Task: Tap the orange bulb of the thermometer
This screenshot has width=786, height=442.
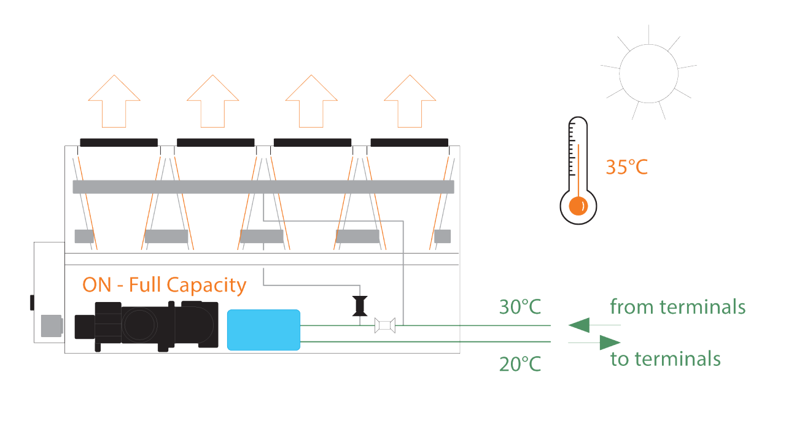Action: pos(578,206)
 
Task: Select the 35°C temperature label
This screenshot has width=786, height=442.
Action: pos(626,167)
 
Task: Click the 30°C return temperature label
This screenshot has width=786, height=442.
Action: pos(520,307)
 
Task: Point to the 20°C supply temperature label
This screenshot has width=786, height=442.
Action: pos(520,364)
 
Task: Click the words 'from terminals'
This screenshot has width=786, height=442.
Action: pos(677,306)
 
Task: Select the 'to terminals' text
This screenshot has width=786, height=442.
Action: pos(665,359)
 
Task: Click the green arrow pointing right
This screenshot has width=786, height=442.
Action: pos(608,342)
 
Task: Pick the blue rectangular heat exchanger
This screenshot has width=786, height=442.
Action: pos(263,330)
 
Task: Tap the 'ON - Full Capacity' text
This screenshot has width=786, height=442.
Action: pos(165,285)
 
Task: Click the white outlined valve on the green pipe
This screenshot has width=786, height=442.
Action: pos(385,325)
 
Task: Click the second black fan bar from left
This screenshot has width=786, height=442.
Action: pos(216,142)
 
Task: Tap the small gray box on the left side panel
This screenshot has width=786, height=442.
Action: pos(51,326)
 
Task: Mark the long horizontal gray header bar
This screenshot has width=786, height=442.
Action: pos(263,187)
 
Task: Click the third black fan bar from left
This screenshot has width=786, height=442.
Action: pos(312,142)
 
